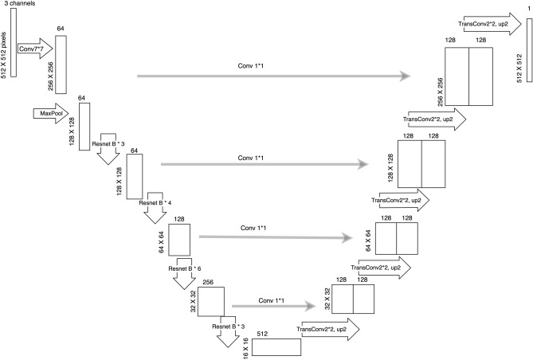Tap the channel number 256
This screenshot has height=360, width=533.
coord(208,280)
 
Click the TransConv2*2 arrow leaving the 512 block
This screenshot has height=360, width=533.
coord(322,329)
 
